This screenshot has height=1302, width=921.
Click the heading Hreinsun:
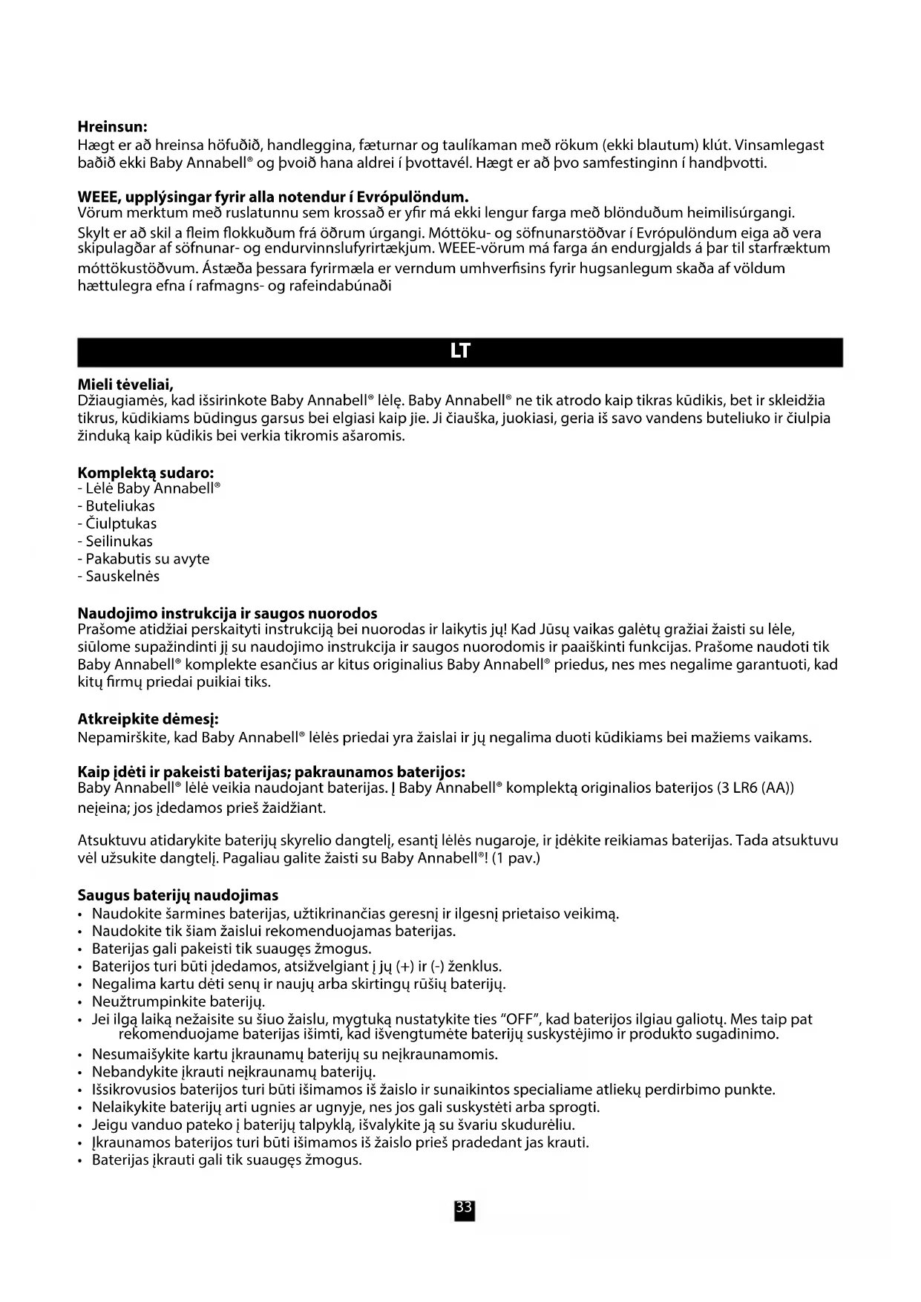(x=113, y=127)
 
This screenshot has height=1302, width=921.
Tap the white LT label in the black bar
(x=460, y=352)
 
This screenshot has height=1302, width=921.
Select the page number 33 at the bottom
(x=464, y=1208)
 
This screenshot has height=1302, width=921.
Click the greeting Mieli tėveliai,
(x=125, y=385)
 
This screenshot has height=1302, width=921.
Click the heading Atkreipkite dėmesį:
(x=148, y=719)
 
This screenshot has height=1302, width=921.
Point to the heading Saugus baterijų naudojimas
(x=178, y=895)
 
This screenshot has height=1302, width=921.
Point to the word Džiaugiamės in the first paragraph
(x=122, y=402)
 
